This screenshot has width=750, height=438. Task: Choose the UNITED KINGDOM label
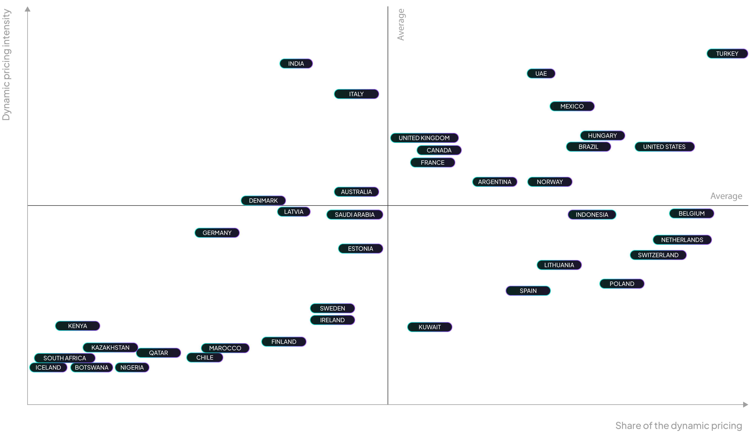(424, 138)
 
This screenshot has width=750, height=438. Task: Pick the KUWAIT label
(429, 327)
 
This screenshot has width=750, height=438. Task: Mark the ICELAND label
(48, 368)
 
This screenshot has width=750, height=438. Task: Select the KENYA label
(77, 326)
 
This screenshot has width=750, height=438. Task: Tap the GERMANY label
(217, 233)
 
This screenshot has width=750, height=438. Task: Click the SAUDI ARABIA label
(354, 215)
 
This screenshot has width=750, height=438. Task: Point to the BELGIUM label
(691, 213)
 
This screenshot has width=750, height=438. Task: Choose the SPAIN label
(528, 291)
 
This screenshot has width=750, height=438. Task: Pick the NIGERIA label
(132, 368)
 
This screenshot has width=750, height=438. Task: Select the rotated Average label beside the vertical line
(401, 24)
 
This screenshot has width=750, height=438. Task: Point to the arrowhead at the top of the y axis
(28, 9)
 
